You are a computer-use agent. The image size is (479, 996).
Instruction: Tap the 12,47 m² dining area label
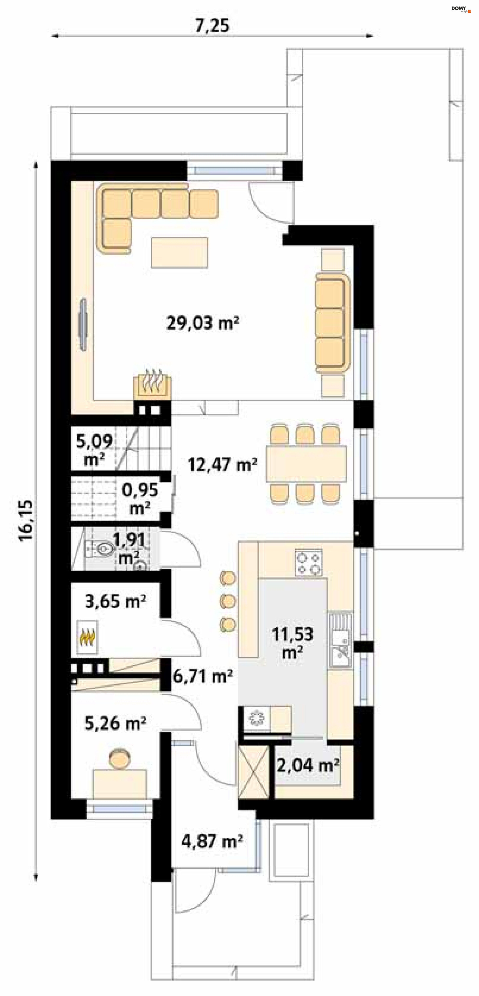pos(222,465)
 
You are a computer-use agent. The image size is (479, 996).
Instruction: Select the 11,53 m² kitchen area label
pos(292,643)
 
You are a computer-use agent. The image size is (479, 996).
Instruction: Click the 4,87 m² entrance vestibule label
pos(212,841)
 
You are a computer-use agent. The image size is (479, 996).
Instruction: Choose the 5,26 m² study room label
pos(115,723)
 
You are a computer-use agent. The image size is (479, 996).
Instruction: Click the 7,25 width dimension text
pos(212,25)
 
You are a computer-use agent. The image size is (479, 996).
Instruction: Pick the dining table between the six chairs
pos(306,464)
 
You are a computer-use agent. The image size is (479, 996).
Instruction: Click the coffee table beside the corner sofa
pos(179,252)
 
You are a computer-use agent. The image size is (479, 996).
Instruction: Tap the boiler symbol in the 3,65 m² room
pos(87,637)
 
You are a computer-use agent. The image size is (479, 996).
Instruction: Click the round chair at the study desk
pos(120,758)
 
